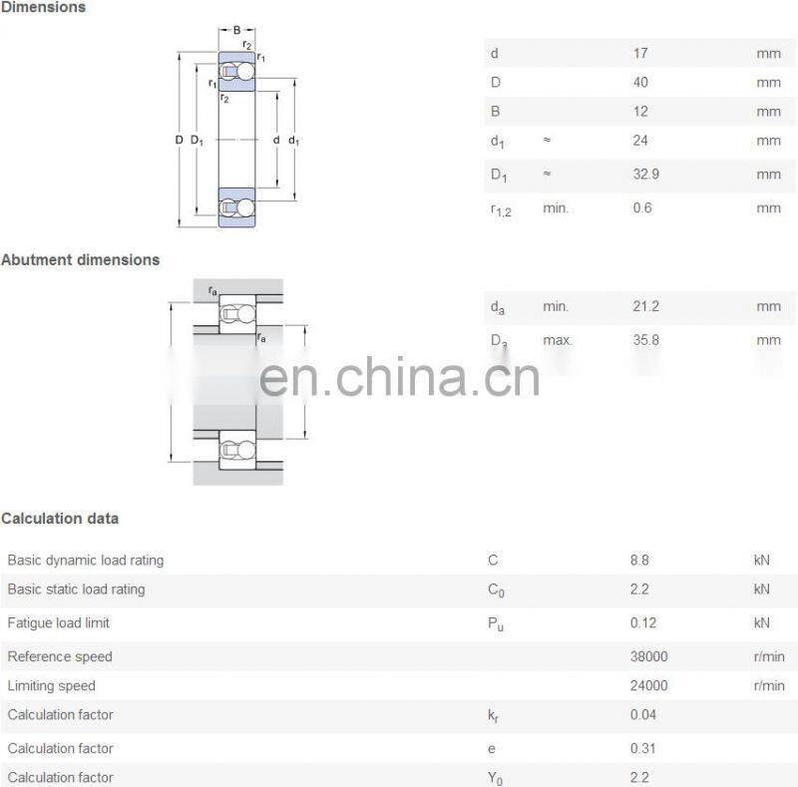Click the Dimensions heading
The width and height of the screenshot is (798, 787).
click(x=43, y=7)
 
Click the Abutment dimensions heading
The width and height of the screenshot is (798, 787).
click(x=80, y=259)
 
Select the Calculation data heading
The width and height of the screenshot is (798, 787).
click(x=60, y=518)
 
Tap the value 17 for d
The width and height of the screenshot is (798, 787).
click(x=639, y=53)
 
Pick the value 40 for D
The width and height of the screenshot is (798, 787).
click(x=639, y=82)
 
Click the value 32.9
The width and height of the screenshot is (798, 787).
click(x=645, y=175)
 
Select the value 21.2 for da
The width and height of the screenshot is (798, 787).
click(x=644, y=306)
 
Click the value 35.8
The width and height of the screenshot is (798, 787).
click(x=645, y=340)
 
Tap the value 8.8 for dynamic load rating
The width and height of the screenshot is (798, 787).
click(x=639, y=561)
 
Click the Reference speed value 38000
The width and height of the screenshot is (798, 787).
click(x=649, y=656)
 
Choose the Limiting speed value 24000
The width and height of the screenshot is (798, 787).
click(x=649, y=685)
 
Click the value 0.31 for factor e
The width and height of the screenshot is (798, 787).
click(x=642, y=748)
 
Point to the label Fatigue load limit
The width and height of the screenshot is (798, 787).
click(x=58, y=623)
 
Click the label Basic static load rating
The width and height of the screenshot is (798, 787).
click(x=76, y=590)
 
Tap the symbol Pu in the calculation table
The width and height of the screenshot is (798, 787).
click(x=495, y=624)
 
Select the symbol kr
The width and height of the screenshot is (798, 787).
click(x=494, y=715)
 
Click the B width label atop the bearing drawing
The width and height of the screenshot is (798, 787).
click(x=237, y=30)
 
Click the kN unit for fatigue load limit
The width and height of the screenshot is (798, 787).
click(x=762, y=623)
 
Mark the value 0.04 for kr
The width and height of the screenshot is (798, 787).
click(x=642, y=714)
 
